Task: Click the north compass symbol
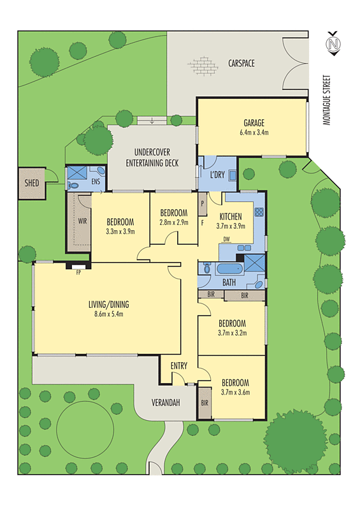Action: point(331,45)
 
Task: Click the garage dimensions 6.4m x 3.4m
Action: point(254,133)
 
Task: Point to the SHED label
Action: point(31,184)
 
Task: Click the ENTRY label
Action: point(179,366)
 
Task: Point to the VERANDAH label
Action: point(166,403)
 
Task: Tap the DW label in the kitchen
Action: point(226,240)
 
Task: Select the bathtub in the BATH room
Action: point(226,268)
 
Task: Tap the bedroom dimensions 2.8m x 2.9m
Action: point(173,222)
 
